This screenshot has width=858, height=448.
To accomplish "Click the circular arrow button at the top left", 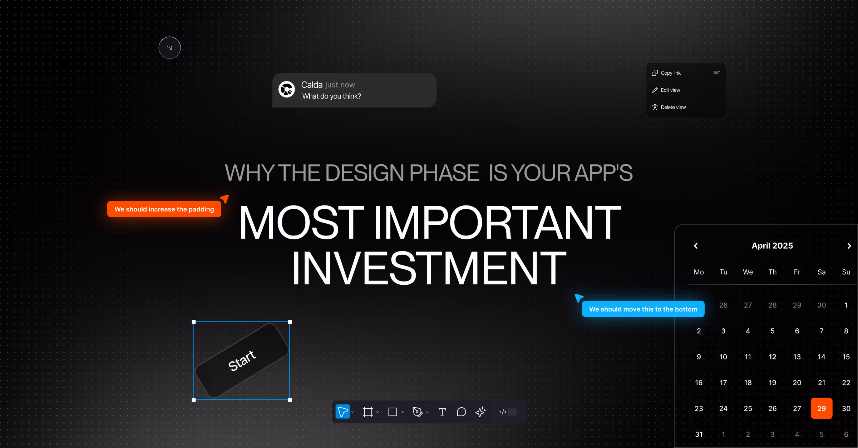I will click(169, 48).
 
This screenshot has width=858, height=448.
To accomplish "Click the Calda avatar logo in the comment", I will click(287, 89).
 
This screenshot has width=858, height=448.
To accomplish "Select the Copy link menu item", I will click(671, 73).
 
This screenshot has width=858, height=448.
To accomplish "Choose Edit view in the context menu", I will click(670, 90).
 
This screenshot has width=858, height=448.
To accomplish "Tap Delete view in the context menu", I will click(673, 107).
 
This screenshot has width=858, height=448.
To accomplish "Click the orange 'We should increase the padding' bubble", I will click(164, 209).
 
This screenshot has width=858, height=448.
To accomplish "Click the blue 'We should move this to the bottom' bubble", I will click(643, 309).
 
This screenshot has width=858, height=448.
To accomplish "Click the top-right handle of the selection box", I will click(290, 322).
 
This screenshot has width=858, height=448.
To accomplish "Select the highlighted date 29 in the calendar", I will click(821, 408).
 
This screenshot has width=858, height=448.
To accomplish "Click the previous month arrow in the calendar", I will click(696, 246).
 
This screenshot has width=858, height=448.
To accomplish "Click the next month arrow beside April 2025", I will click(849, 246).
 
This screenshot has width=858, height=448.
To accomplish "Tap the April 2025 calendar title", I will click(772, 246).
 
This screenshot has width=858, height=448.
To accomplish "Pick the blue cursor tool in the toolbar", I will click(342, 412).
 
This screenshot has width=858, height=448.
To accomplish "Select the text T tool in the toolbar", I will click(442, 412).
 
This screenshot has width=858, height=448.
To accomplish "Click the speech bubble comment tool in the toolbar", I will click(461, 412).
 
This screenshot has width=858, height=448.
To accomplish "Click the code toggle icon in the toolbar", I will click(503, 412).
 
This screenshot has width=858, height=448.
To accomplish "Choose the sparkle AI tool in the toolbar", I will click(480, 412).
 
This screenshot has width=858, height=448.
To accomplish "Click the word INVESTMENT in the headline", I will click(429, 268).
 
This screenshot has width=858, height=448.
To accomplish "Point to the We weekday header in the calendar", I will click(748, 272).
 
